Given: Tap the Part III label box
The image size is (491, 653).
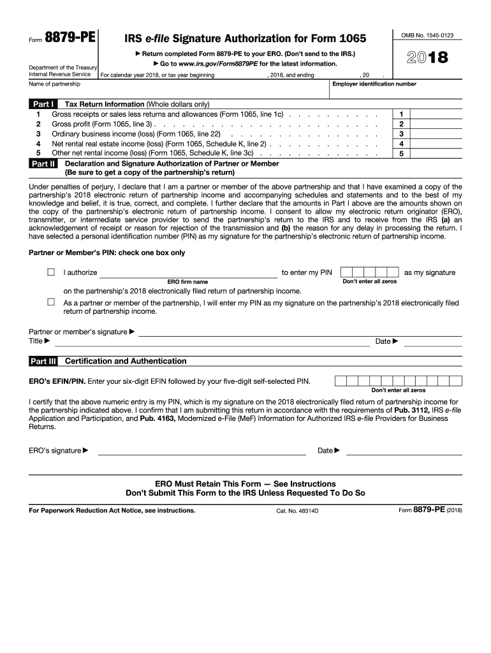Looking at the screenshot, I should pyautogui.click(x=43, y=362).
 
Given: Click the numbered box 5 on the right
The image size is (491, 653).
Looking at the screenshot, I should pyautogui.click(x=401, y=154).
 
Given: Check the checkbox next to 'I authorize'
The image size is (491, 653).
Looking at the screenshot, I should pyautogui.click(x=51, y=272).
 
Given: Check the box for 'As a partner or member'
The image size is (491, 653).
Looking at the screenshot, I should pyautogui.click(x=51, y=302).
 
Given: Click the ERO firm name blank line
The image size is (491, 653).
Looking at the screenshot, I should pyautogui.click(x=188, y=273).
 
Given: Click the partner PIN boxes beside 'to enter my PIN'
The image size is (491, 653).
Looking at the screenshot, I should pyautogui.click(x=369, y=272).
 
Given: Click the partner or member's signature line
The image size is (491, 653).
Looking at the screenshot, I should pyautogui.click(x=300, y=332).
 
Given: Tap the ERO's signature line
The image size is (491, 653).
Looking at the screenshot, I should pyautogui.click(x=201, y=450).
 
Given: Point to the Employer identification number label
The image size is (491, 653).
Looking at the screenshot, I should pyautogui.click(x=374, y=84).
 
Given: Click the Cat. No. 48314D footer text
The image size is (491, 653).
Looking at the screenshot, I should pyautogui.click(x=297, y=511).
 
